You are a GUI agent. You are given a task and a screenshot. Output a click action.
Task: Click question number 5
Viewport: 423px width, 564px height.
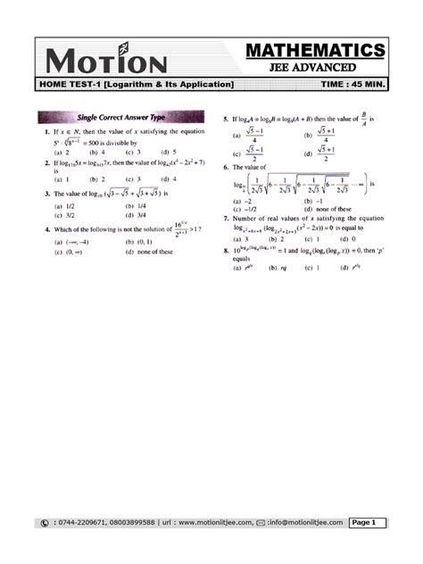coord(225,118)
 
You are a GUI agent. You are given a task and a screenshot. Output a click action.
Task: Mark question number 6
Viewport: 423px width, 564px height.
coord(225,167)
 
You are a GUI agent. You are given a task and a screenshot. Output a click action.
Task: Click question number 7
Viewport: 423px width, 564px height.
coord(225,219)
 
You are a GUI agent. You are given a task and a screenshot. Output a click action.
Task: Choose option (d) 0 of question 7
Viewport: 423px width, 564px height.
coord(347,239)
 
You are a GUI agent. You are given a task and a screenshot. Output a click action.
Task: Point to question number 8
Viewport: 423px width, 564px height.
coord(225,251)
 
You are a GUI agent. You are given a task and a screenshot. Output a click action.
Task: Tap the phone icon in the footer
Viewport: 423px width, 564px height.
coord(45,522)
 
